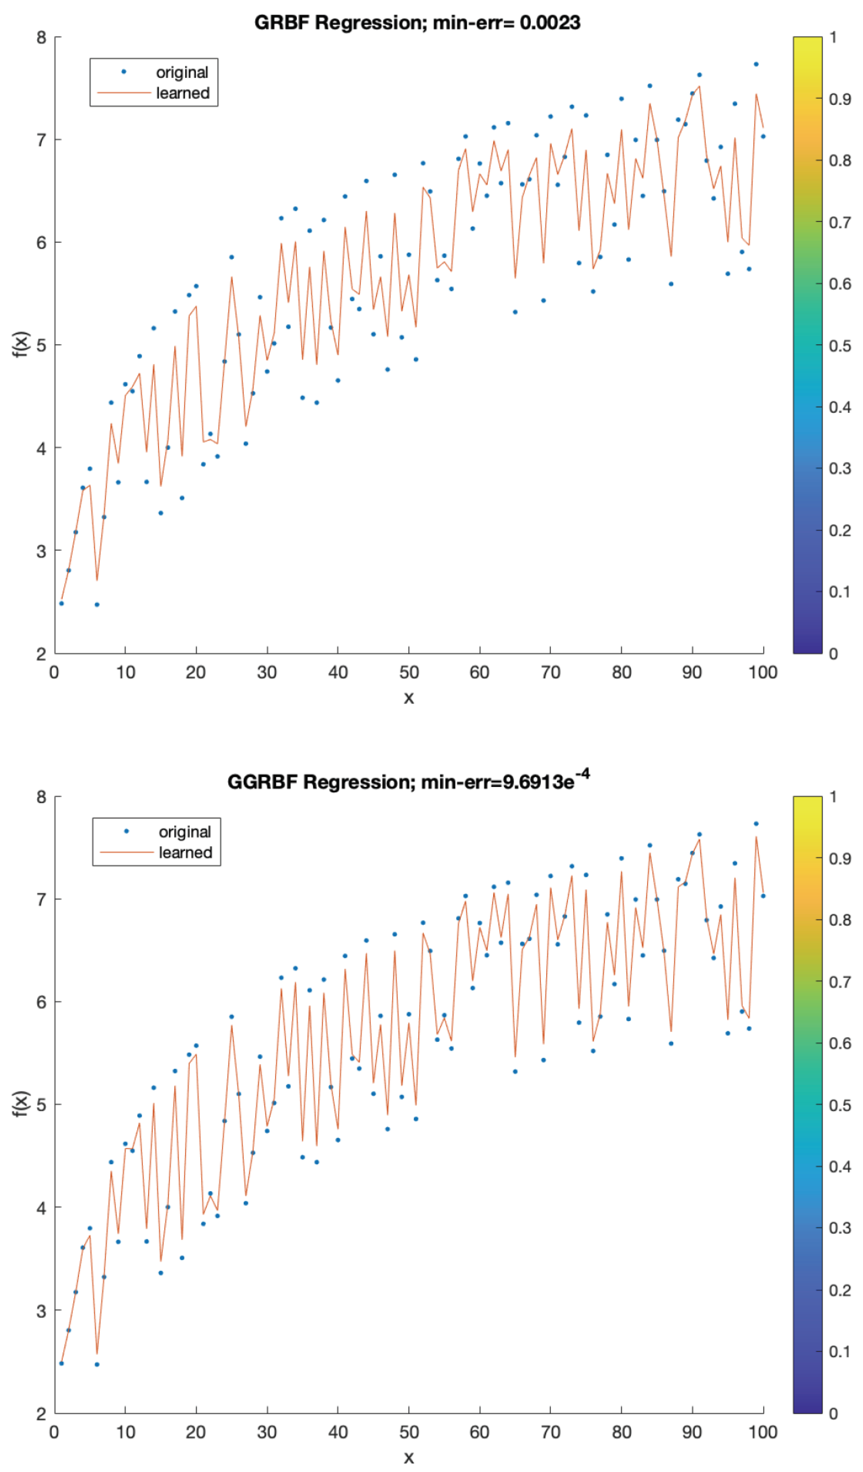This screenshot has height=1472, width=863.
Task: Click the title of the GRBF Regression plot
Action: (417, 23)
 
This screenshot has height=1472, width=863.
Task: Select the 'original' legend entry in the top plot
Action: (182, 72)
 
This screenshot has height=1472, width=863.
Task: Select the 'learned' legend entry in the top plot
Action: (182, 93)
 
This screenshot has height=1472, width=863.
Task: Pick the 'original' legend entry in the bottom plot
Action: (185, 832)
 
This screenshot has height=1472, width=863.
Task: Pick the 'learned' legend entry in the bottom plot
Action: (185, 853)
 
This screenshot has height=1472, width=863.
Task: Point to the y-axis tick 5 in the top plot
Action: (41, 345)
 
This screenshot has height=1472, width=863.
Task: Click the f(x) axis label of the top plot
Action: (21, 345)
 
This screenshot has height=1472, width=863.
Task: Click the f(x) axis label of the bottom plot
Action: (21, 1104)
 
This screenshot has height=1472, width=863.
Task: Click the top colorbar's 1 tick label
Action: (833, 37)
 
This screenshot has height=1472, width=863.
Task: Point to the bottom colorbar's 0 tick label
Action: (833, 1414)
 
